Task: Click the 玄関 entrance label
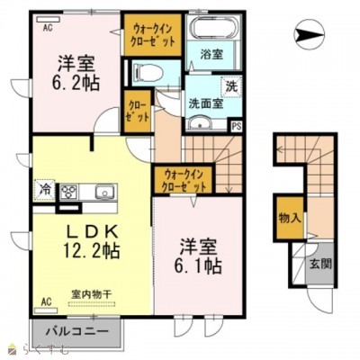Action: pyautogui.click(x=321, y=264)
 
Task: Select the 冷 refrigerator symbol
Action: pyautogui.click(x=44, y=190)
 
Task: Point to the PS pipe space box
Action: pyautogui.click(x=236, y=127)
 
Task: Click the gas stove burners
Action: pyautogui.click(x=70, y=190)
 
